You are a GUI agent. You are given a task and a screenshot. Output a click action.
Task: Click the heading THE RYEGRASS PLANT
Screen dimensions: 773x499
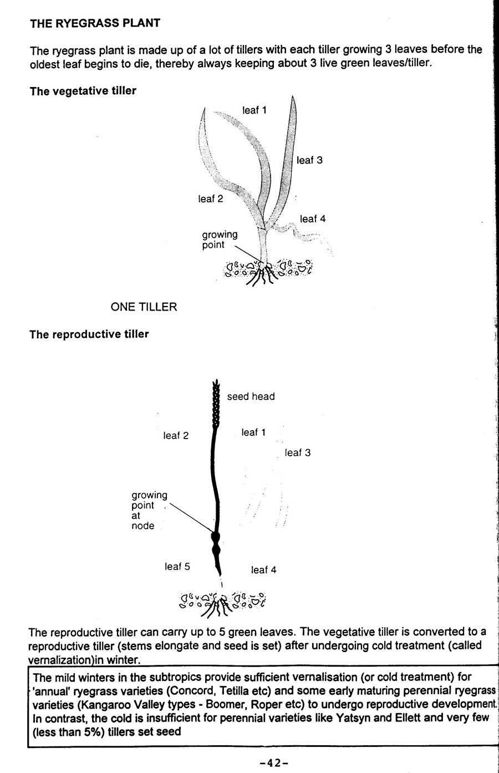point(95,23)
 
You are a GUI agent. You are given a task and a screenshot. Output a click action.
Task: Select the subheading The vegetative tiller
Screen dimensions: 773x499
point(83,91)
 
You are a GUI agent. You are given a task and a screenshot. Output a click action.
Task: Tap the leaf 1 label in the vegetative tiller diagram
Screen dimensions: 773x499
point(254,110)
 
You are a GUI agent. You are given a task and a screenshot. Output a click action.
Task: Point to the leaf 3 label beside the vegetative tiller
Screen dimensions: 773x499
point(309,160)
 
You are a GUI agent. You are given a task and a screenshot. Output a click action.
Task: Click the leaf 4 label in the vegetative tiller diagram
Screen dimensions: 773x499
point(313,219)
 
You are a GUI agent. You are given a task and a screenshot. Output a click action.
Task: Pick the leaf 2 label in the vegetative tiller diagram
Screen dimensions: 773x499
point(211,199)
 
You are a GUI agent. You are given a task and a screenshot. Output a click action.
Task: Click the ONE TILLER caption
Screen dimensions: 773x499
point(144,307)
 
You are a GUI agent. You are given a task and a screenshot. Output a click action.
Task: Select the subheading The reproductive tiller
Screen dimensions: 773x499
point(89,334)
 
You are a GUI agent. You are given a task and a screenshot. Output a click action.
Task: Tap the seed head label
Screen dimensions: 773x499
point(251,396)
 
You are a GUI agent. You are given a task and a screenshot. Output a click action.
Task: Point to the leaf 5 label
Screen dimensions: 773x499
point(177,566)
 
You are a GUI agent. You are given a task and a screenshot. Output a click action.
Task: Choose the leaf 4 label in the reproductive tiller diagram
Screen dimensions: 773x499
point(263,569)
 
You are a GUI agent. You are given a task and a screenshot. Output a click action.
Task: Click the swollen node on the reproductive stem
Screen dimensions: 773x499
point(216,538)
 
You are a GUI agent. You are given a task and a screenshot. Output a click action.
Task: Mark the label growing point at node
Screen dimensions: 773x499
point(148,510)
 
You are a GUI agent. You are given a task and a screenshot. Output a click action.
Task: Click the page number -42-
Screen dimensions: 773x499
point(273,763)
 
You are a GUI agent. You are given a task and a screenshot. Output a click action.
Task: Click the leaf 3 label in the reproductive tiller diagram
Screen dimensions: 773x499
point(298,452)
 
